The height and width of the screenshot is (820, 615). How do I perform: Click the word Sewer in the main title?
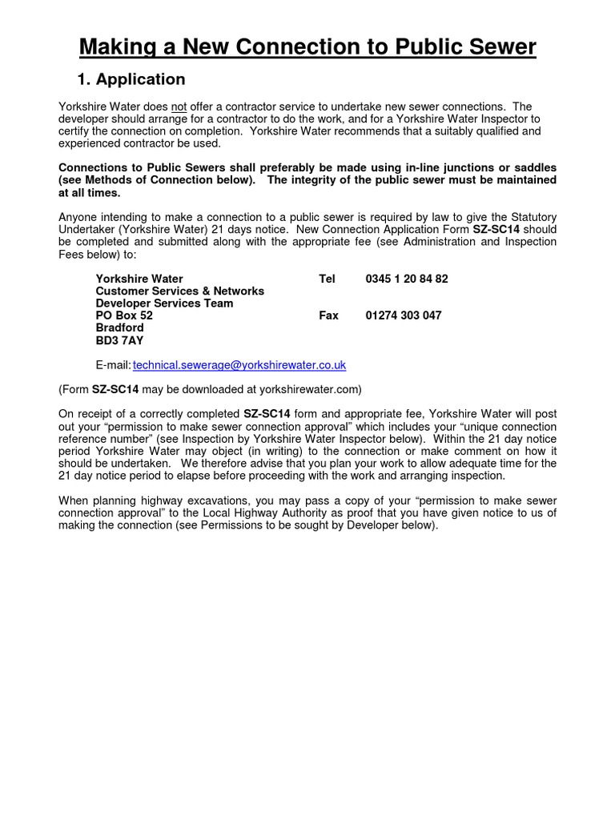click(496, 48)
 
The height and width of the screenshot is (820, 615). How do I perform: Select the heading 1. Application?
click(131, 79)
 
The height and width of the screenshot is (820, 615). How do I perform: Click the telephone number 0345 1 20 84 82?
click(406, 279)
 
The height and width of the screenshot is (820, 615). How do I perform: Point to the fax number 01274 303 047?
click(403, 316)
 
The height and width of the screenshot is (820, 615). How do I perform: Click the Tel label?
click(327, 279)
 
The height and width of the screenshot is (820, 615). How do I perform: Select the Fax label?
click(328, 316)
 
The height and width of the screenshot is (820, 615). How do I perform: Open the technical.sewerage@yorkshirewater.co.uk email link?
click(239, 365)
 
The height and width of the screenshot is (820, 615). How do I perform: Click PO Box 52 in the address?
click(124, 316)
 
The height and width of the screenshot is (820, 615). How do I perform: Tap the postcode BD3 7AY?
click(119, 340)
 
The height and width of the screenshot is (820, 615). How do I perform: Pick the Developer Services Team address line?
click(164, 303)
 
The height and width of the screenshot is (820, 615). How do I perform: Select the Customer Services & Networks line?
click(179, 291)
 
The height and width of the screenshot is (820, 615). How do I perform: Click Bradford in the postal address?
click(119, 328)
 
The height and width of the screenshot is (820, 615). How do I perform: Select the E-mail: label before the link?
click(113, 365)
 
